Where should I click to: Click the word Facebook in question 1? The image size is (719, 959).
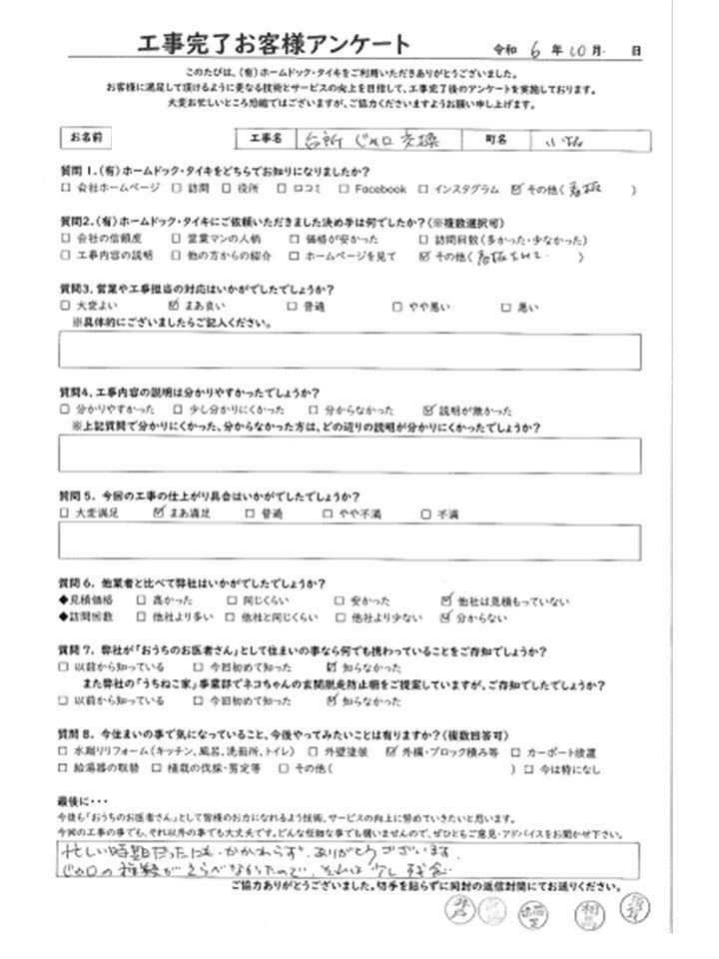tap(379, 188)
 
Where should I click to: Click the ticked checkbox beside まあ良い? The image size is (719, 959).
tap(176, 307)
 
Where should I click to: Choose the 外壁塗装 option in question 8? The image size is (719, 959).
tap(341, 750)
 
